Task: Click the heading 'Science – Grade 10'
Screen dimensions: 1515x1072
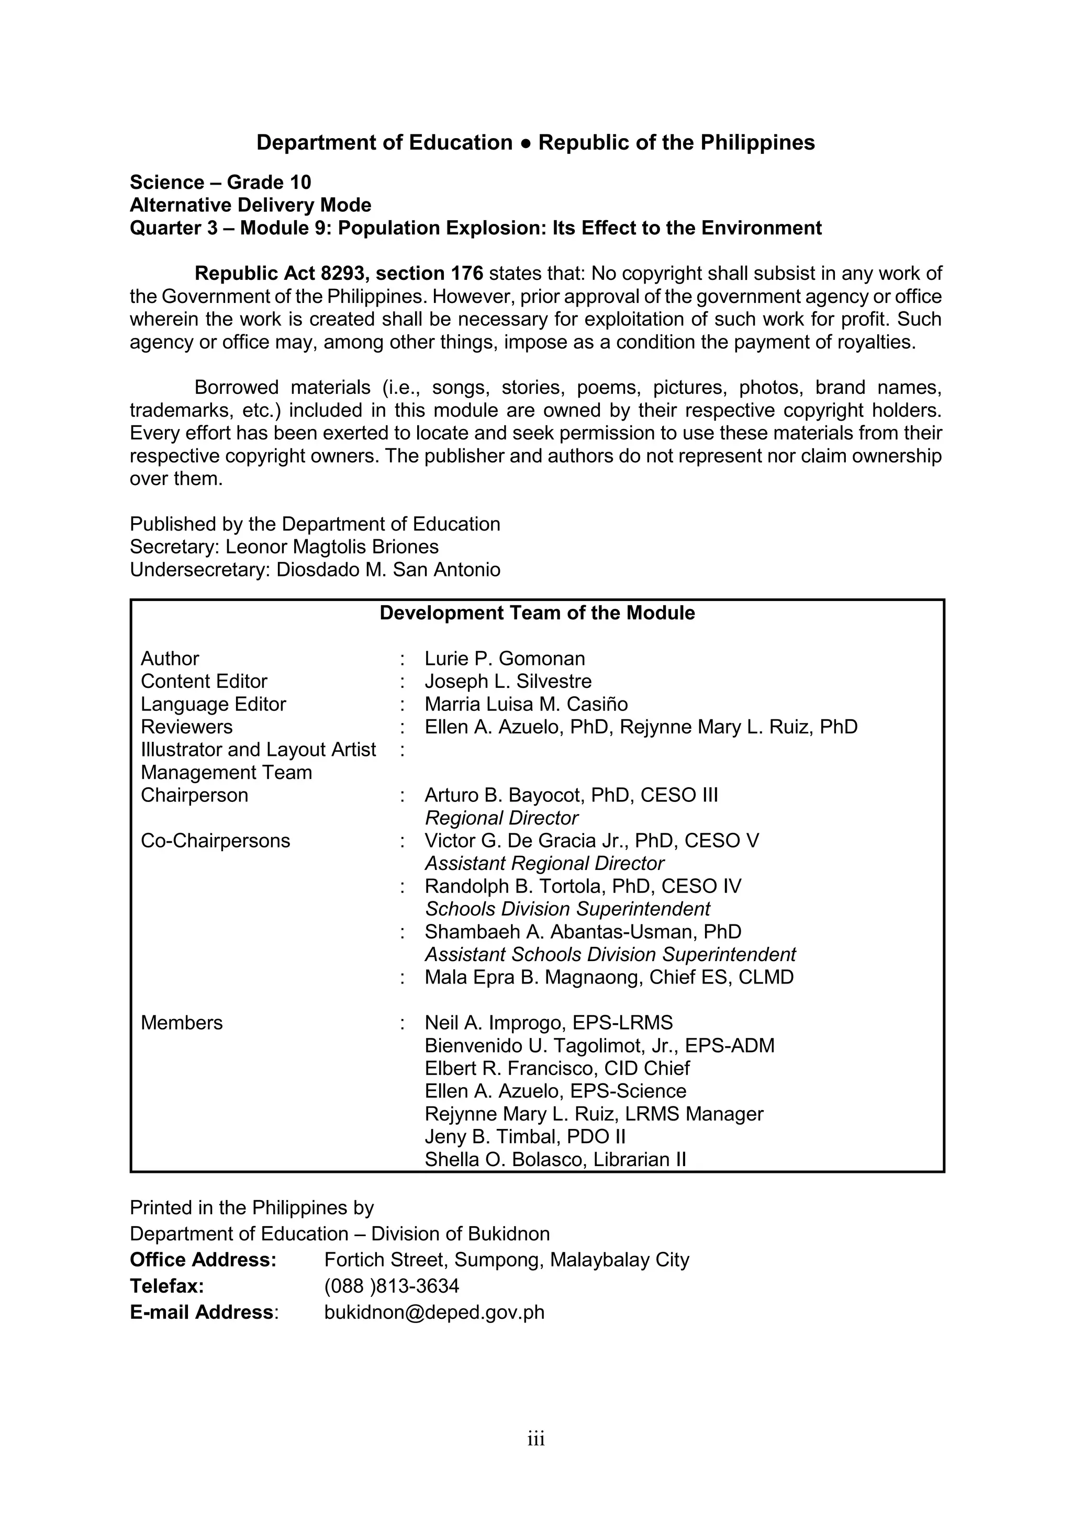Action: click(220, 182)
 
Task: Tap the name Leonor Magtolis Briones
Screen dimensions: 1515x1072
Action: click(332, 547)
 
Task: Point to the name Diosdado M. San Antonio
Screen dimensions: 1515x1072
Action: click(388, 570)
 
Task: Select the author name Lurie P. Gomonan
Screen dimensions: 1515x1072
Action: click(504, 659)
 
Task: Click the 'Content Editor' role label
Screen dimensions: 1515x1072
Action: click(204, 681)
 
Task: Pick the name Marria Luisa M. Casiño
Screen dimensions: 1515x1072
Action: click(526, 704)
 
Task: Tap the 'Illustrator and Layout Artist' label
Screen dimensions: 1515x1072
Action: click(258, 750)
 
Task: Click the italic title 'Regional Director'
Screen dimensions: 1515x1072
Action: click(501, 818)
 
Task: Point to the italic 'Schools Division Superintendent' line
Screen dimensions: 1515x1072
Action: click(567, 909)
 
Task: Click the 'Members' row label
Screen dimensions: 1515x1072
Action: click(182, 1023)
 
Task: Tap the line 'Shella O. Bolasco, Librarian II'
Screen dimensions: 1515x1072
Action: click(555, 1159)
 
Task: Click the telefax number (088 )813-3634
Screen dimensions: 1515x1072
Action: click(392, 1286)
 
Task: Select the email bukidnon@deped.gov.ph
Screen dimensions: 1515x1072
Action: click(434, 1313)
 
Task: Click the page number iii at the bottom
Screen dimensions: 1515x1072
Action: click(536, 1439)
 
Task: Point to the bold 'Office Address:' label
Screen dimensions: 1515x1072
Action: click(203, 1260)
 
